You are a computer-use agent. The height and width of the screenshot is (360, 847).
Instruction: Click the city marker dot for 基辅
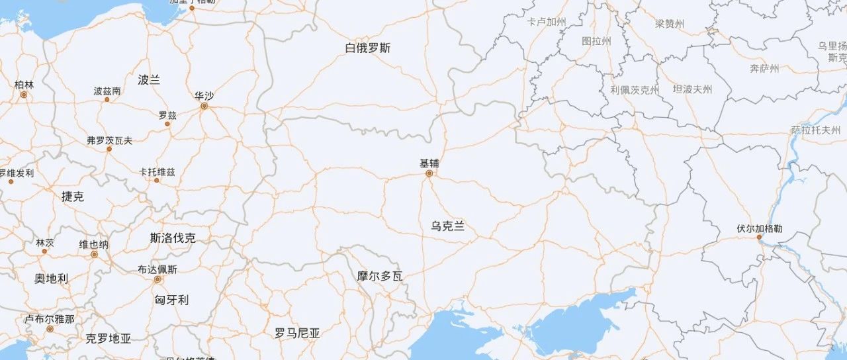429,173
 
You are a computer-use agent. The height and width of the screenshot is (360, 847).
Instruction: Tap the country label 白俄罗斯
368,48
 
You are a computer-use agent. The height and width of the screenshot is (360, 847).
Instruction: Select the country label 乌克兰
448,226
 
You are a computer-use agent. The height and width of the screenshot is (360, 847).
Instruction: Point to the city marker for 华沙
204,106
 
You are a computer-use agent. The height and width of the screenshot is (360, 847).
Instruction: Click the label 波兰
149,80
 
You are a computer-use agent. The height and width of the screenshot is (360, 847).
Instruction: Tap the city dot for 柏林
24,95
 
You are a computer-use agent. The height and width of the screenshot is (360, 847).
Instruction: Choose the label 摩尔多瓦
380,276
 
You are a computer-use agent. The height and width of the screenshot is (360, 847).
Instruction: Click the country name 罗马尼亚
297,334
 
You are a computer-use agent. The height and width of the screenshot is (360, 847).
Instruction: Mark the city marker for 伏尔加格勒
759,237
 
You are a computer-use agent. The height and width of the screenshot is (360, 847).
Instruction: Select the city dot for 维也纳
94,254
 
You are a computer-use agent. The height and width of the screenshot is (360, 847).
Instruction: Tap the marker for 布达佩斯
157,279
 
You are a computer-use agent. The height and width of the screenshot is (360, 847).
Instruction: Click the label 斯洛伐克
173,238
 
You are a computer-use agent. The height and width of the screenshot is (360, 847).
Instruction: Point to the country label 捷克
73,197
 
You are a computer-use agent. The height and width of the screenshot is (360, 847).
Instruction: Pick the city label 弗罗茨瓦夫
110,140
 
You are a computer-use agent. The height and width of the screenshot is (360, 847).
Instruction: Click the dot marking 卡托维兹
157,180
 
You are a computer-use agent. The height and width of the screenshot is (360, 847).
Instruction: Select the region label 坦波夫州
692,89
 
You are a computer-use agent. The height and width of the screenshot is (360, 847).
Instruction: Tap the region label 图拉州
596,41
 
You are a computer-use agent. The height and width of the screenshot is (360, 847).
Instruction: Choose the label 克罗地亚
109,339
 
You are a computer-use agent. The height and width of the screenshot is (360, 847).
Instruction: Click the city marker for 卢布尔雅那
50,329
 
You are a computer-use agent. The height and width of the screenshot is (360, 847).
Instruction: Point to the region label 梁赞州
670,24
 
